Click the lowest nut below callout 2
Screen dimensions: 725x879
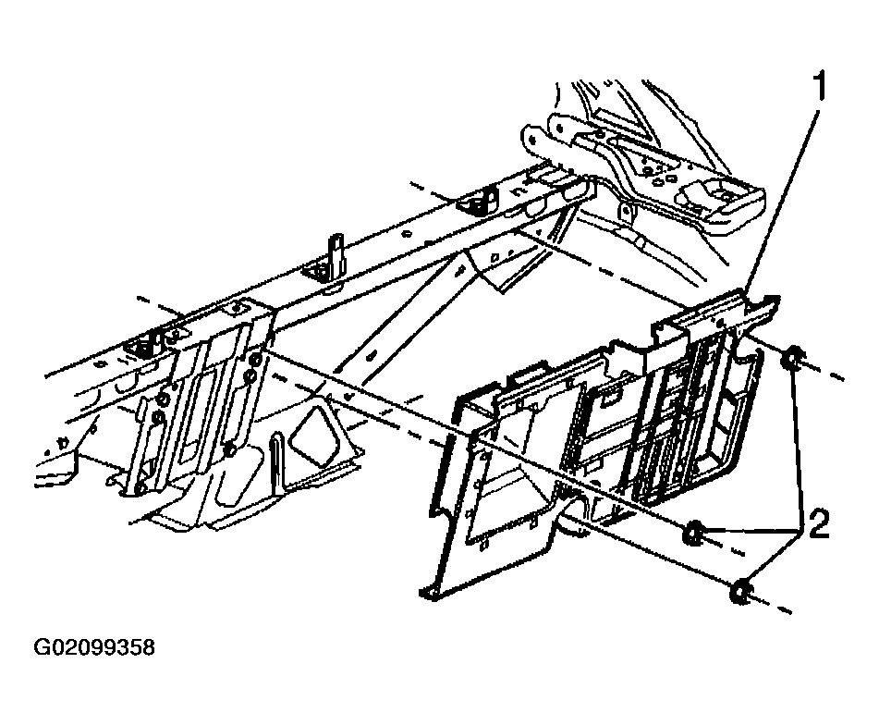(741, 591)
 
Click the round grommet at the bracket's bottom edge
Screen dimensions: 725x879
(572, 507)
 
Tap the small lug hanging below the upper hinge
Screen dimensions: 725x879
(627, 215)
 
